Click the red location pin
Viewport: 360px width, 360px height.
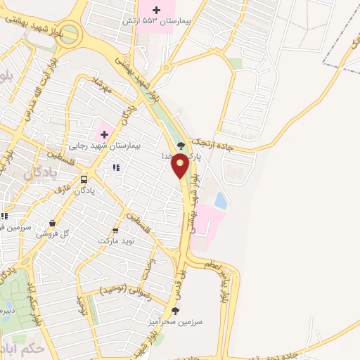click(x=180, y=166)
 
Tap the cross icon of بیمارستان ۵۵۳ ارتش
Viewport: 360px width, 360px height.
click(x=156, y=10)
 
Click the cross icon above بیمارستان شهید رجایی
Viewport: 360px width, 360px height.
click(x=103, y=134)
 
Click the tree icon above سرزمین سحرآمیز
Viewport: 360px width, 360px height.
click(x=175, y=310)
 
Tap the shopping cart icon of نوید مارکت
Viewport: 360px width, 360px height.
click(x=116, y=230)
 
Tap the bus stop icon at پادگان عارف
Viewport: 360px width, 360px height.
click(x=84, y=179)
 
